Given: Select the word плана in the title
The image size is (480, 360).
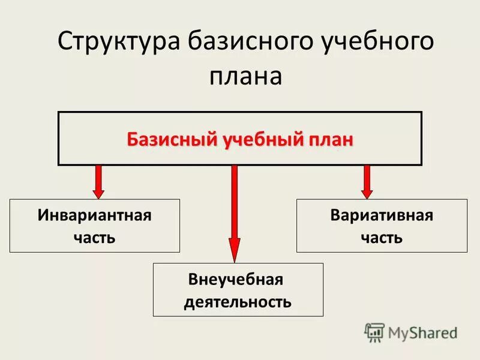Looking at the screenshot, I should point(245,77).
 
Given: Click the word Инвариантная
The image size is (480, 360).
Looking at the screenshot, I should point(94,215).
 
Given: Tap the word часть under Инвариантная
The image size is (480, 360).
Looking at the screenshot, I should point(94,237).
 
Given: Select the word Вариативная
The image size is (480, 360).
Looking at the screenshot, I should point(382,215).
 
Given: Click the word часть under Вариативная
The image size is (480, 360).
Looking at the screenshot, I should point(382,237).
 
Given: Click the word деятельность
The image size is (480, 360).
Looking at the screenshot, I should point(238,301).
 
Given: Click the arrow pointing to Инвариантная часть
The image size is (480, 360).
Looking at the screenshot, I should point(99,181).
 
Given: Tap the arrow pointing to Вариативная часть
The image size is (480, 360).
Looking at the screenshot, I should point(367,181).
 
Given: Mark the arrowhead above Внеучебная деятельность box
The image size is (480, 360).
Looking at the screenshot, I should point(235,250).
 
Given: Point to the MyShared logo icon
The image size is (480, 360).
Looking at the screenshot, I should point(374,332).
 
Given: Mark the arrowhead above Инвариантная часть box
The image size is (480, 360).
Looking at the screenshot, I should point(99,192).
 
